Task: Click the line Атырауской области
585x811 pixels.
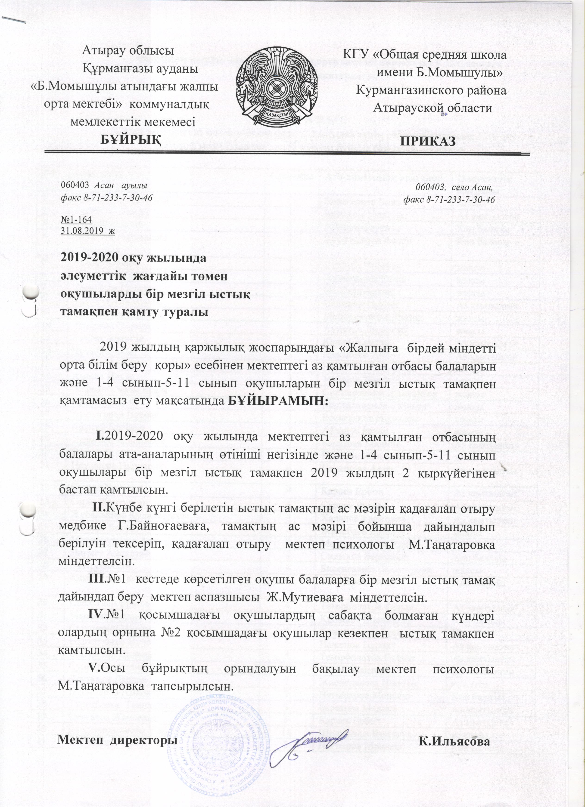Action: [x=433, y=107]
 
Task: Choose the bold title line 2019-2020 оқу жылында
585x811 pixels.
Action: [x=134, y=258]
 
